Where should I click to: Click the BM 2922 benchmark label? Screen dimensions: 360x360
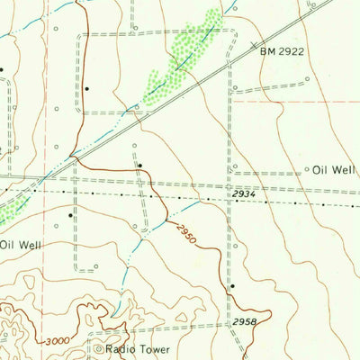(x=283, y=52)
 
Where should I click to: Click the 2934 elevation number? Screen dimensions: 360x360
(x=243, y=194)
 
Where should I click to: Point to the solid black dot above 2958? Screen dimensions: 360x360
(x=232, y=286)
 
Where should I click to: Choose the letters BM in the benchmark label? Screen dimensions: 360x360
(x=267, y=52)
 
